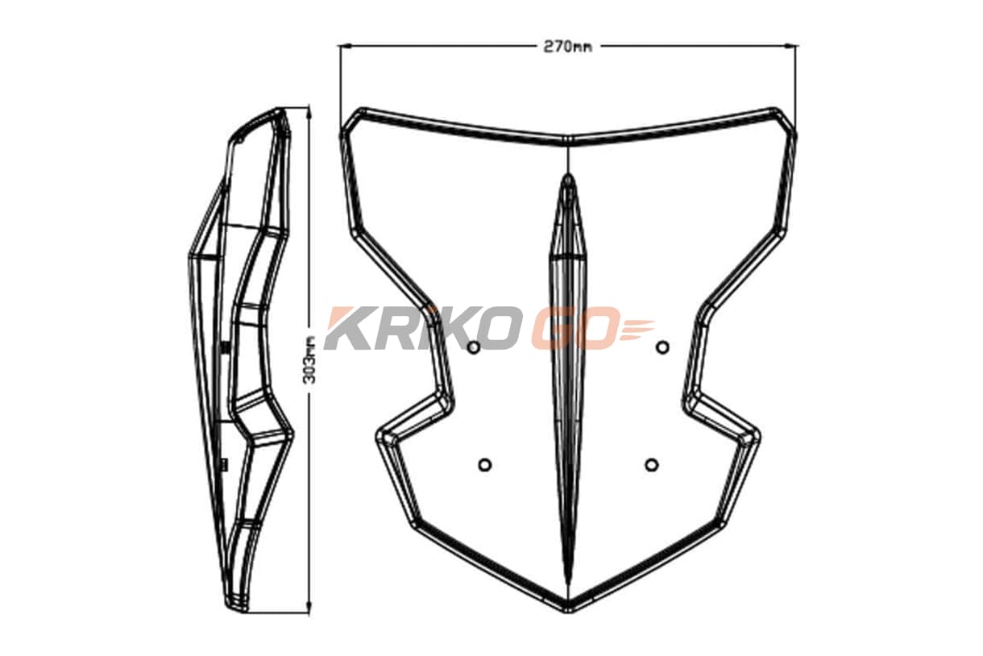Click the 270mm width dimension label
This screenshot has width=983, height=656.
pos(567,46)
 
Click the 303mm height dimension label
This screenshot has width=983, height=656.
pos(309,359)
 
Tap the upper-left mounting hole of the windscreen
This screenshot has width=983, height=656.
pos(474,347)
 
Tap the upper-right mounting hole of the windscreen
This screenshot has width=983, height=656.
pos(662,347)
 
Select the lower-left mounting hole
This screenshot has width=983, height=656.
pos(484,465)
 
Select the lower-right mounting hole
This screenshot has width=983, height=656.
pos(652,465)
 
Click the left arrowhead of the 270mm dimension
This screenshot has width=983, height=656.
pos(344,45)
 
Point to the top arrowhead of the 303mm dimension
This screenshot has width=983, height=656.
pos(310,110)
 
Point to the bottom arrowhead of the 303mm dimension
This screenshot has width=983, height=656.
pos(310,608)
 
